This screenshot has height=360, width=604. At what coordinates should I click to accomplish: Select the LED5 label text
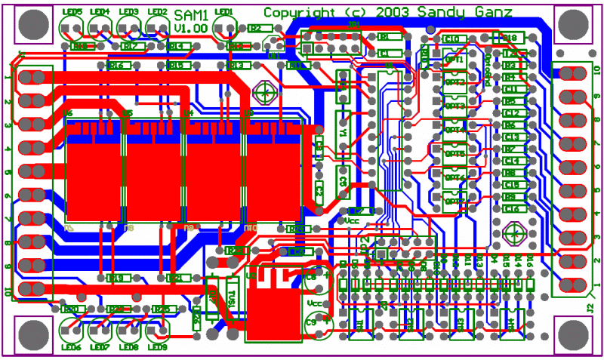(x=74, y=12)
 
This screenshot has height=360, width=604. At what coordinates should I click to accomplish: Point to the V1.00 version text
(x=190, y=27)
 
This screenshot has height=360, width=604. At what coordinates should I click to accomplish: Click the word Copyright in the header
(x=297, y=12)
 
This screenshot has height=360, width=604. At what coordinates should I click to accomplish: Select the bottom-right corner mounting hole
(x=572, y=334)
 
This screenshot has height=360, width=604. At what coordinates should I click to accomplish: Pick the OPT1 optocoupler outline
(x=455, y=59)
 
